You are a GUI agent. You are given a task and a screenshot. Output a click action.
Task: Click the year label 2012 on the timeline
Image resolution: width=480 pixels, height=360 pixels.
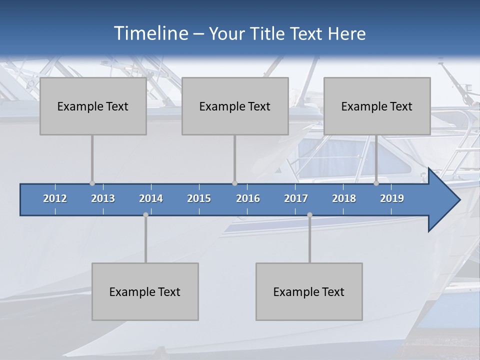(x=55, y=198)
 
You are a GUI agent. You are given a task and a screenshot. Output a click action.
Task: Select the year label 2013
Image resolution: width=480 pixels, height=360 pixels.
(x=103, y=198)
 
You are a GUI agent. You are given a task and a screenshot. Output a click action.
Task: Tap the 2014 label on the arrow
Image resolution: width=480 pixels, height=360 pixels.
(x=151, y=198)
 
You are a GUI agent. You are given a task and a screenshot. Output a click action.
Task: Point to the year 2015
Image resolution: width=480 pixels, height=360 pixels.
(x=199, y=198)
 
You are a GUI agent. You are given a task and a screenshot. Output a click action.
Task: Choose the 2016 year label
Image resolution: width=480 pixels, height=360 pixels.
(x=248, y=198)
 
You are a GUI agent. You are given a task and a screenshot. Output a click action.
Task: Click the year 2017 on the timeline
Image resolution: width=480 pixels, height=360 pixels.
(x=296, y=198)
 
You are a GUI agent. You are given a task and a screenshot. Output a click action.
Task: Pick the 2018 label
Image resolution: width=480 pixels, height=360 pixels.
(x=344, y=198)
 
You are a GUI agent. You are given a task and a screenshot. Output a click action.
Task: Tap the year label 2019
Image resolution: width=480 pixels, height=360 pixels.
(x=392, y=198)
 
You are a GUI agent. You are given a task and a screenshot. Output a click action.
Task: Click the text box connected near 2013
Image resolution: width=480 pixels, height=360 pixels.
(x=93, y=106)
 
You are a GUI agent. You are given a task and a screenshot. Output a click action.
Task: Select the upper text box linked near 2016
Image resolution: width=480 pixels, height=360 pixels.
(x=235, y=106)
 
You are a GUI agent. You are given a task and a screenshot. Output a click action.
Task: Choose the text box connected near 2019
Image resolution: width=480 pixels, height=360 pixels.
(x=377, y=106)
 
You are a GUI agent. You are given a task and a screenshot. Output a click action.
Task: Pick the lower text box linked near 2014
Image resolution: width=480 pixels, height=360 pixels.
(x=145, y=291)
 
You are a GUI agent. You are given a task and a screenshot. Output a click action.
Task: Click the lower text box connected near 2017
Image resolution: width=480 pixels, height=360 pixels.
(x=309, y=291)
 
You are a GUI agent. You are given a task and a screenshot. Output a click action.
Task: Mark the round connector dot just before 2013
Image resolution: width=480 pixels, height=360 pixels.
(x=92, y=183)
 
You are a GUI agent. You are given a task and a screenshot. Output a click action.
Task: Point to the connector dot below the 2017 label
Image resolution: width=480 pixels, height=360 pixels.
(x=309, y=214)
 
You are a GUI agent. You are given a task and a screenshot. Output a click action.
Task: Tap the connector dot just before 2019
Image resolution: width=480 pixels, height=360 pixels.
(x=376, y=183)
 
